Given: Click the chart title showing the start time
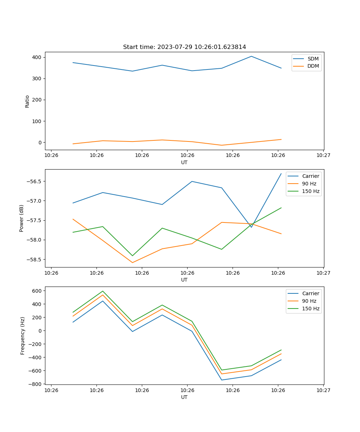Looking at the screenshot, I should [x=184, y=47].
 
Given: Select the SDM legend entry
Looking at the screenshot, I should [x=313, y=59].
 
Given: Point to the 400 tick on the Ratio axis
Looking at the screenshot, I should [x=37, y=57].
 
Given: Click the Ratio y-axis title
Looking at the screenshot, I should [x=27, y=101].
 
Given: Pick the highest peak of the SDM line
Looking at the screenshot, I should [x=251, y=56].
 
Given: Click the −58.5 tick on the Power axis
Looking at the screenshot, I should [x=35, y=260].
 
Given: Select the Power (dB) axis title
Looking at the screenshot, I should [x=22, y=218].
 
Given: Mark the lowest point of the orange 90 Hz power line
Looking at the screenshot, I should [x=132, y=262].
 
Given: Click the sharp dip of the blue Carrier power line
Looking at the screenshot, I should [x=251, y=227].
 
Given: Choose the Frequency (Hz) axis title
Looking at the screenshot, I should [x=22, y=336].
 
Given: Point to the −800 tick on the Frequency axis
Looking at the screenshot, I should [x=36, y=384].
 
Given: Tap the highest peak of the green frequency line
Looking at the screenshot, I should [x=103, y=291].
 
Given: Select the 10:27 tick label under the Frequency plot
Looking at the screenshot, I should [x=323, y=390].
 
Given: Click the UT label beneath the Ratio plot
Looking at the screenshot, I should [x=184, y=162].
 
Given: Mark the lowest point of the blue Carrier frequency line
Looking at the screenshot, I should [x=221, y=380].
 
